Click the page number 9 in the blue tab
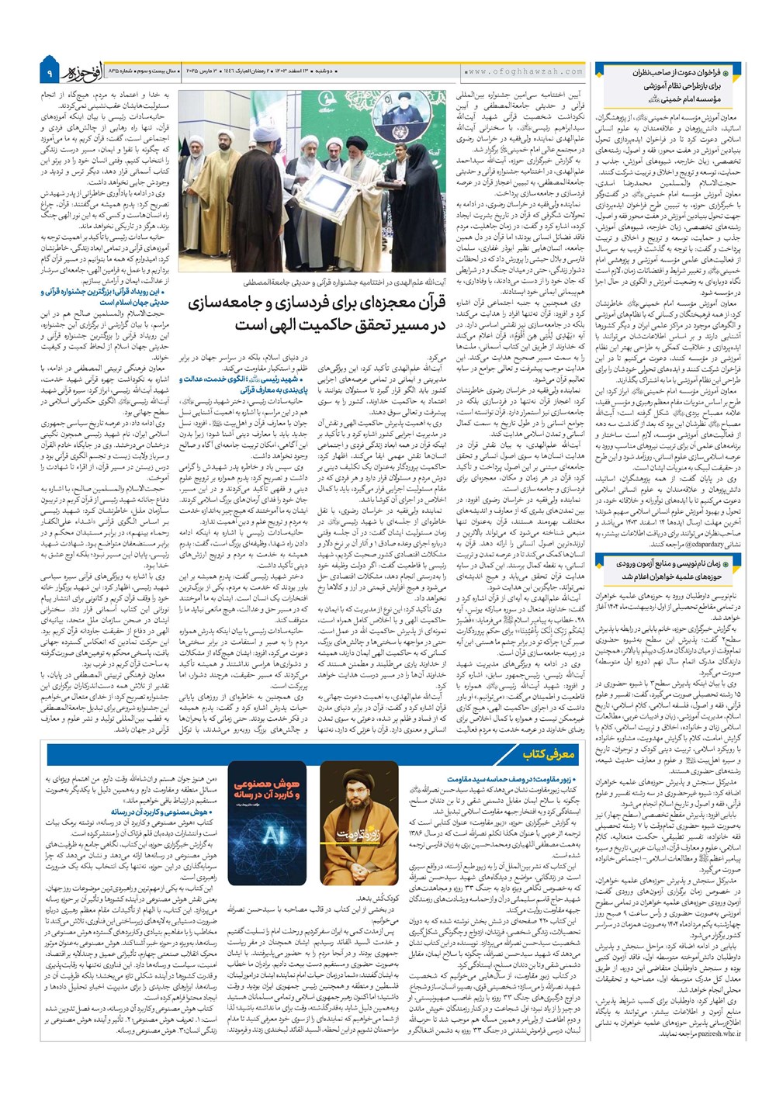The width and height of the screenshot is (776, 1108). pos(48,74)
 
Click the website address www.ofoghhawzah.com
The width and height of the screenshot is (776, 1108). pos(525,71)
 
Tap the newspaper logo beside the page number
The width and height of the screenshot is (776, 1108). pos(78,71)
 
